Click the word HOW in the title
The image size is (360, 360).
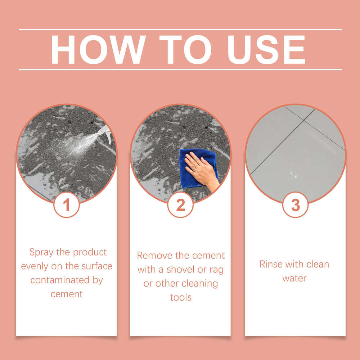click(98, 50)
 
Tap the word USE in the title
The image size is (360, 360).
click(266, 50)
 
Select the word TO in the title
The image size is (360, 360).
click(185, 50)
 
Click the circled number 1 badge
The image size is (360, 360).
click(67, 205)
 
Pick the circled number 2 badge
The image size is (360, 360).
click(180, 205)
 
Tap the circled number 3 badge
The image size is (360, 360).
click(295, 205)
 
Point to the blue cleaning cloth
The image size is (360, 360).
click(198, 168)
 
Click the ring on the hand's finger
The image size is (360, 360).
click(195, 169)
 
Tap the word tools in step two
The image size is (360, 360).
click(181, 297)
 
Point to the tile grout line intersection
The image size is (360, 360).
click(304, 120)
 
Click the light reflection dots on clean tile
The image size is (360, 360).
click(294, 175)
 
